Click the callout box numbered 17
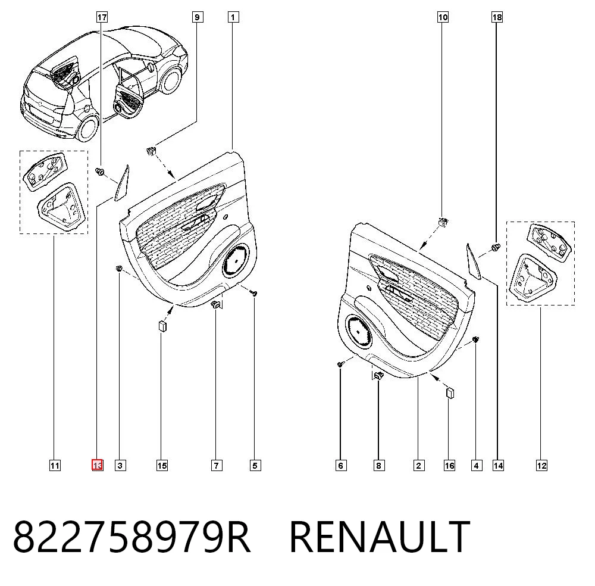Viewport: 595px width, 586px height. pos(102,17)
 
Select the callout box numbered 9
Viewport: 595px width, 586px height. pos(197,17)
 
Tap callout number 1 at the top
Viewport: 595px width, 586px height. pos(233,17)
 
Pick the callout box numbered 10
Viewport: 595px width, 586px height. pos(443,17)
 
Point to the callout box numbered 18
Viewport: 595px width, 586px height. pos(497,17)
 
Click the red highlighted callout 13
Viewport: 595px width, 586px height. pos(98,465)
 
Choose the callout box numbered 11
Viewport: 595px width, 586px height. pos(55,465)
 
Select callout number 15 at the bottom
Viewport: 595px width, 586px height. pos(162,465)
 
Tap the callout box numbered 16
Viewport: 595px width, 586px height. pos(449,465)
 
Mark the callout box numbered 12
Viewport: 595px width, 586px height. pos(541,465)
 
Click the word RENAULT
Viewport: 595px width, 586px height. pos(380,536)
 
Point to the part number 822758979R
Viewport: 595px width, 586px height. pos(131,536)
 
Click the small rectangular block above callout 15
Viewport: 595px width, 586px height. pos(162,326)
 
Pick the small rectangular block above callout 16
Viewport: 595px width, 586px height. pos(450,392)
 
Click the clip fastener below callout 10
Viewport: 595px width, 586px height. pos(443,221)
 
